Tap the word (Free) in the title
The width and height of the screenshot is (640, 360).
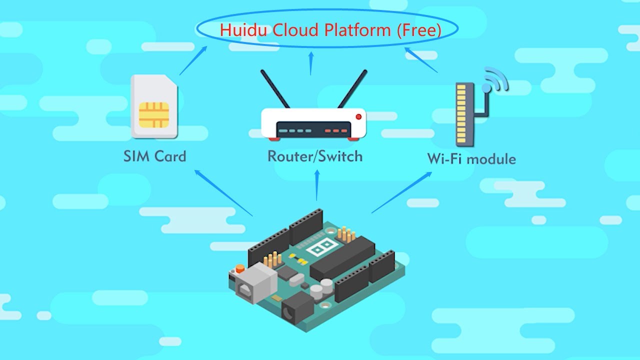click(419, 30)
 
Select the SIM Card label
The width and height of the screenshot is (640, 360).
click(154, 156)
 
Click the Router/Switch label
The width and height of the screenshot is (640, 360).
click(315, 156)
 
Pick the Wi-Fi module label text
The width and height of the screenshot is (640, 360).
click(471, 159)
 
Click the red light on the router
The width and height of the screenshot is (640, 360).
click(358, 116)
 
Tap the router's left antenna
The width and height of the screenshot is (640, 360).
click(275, 89)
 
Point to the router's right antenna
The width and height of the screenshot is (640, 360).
click(352, 89)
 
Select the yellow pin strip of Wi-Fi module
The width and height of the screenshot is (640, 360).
click(461, 111)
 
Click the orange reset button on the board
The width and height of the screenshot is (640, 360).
click(239, 269)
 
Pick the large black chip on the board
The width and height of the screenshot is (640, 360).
click(342, 257)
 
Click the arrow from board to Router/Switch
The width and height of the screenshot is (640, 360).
click(316, 185)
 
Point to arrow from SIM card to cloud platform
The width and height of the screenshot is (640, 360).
click(194, 60)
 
